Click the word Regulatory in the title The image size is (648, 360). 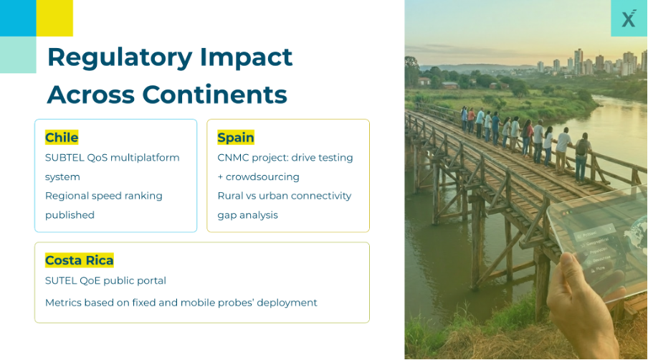pos(120,58)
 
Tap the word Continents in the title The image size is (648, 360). pos(214,95)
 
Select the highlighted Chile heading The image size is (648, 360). pos(62,137)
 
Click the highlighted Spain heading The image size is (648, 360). pos(236,137)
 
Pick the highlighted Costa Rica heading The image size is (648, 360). pos(80,260)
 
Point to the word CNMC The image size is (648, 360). pos(231,158)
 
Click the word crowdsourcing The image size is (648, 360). pos(262,177)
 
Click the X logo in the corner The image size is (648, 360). pos(629,18)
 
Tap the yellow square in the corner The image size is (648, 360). pos(54,18)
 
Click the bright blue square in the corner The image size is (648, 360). pos(18,18)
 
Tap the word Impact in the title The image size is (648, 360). pos(247,58)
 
